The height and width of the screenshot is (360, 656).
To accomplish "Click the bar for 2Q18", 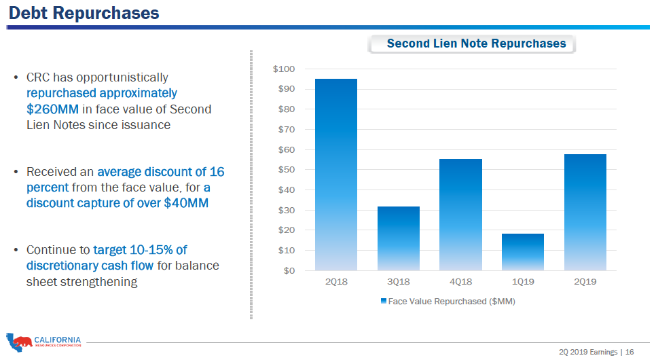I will pos(335,175).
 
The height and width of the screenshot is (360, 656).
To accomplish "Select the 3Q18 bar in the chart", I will pos(399,238).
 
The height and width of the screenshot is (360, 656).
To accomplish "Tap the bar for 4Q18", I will pos(460,215).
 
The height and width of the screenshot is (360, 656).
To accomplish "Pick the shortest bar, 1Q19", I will pos(523,252).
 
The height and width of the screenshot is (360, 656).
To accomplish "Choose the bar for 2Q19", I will pos(585,212).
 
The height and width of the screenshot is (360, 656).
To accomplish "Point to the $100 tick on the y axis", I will pos(284,69).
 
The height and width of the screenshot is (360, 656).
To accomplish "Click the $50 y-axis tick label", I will pos(287,170).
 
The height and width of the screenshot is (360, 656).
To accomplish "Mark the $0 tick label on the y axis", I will pos(289,270).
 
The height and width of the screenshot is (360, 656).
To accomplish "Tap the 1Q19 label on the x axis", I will pos(523,281).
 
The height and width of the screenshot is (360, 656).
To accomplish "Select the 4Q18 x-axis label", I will pos(460,281).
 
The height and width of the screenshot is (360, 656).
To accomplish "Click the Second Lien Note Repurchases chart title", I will pos(475,43).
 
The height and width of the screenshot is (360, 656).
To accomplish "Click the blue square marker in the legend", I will pos(384,300).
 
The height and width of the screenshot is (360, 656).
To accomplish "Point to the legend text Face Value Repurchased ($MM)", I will pos(452,301).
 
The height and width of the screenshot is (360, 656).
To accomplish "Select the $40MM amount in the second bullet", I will pos(186,203).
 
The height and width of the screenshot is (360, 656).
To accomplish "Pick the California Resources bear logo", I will pos(20,341).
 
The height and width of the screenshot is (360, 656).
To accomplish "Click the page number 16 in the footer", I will pos(630,352).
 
